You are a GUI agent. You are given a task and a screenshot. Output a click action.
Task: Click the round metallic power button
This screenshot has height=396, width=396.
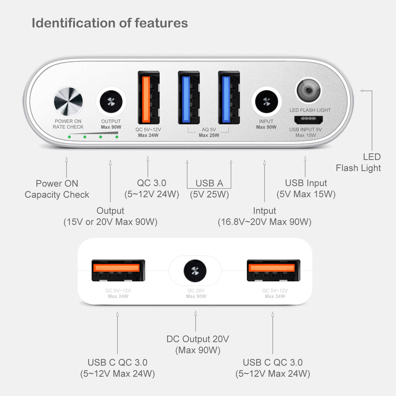(x=68, y=102)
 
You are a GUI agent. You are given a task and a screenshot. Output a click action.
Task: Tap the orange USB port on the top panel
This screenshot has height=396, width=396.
(x=148, y=97)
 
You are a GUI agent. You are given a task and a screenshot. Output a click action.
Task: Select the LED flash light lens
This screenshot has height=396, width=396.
(x=308, y=90)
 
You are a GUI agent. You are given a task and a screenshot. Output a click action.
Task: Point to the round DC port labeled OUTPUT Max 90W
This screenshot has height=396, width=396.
(x=111, y=102)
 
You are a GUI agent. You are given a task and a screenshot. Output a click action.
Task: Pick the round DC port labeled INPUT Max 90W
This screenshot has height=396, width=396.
(x=266, y=102)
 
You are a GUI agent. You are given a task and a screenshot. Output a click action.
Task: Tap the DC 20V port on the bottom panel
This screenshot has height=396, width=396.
(x=195, y=271)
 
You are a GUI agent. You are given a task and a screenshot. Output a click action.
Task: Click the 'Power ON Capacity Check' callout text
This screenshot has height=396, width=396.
(x=57, y=189)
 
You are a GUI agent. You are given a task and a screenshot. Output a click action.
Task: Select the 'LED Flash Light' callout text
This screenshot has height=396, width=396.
(x=358, y=162)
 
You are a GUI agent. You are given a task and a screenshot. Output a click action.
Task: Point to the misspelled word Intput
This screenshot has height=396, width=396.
(x=265, y=211)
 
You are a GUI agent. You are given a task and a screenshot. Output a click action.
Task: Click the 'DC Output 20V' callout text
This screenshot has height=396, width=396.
(x=198, y=339)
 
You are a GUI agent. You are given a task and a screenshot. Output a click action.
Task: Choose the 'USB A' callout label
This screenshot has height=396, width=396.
(x=209, y=183)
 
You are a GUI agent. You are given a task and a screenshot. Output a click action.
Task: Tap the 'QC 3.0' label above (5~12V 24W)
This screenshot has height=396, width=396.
(x=152, y=183)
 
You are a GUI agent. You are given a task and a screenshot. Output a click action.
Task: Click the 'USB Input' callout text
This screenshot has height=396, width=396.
(x=306, y=183)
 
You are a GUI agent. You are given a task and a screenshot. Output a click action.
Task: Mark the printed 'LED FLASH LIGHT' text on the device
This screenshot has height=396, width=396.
(x=310, y=110)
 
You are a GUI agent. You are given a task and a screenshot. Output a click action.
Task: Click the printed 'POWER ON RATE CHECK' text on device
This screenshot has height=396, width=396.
(x=68, y=124)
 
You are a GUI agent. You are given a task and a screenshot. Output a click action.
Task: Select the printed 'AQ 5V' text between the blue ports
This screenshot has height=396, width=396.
(x=209, y=130)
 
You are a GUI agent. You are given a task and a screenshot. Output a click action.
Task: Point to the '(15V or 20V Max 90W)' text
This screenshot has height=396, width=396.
(x=110, y=222)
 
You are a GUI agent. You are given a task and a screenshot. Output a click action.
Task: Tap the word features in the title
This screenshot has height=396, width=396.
(x=161, y=23)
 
